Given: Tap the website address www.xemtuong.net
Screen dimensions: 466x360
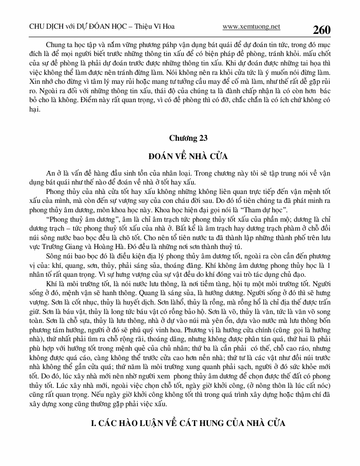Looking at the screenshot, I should (251, 27).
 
